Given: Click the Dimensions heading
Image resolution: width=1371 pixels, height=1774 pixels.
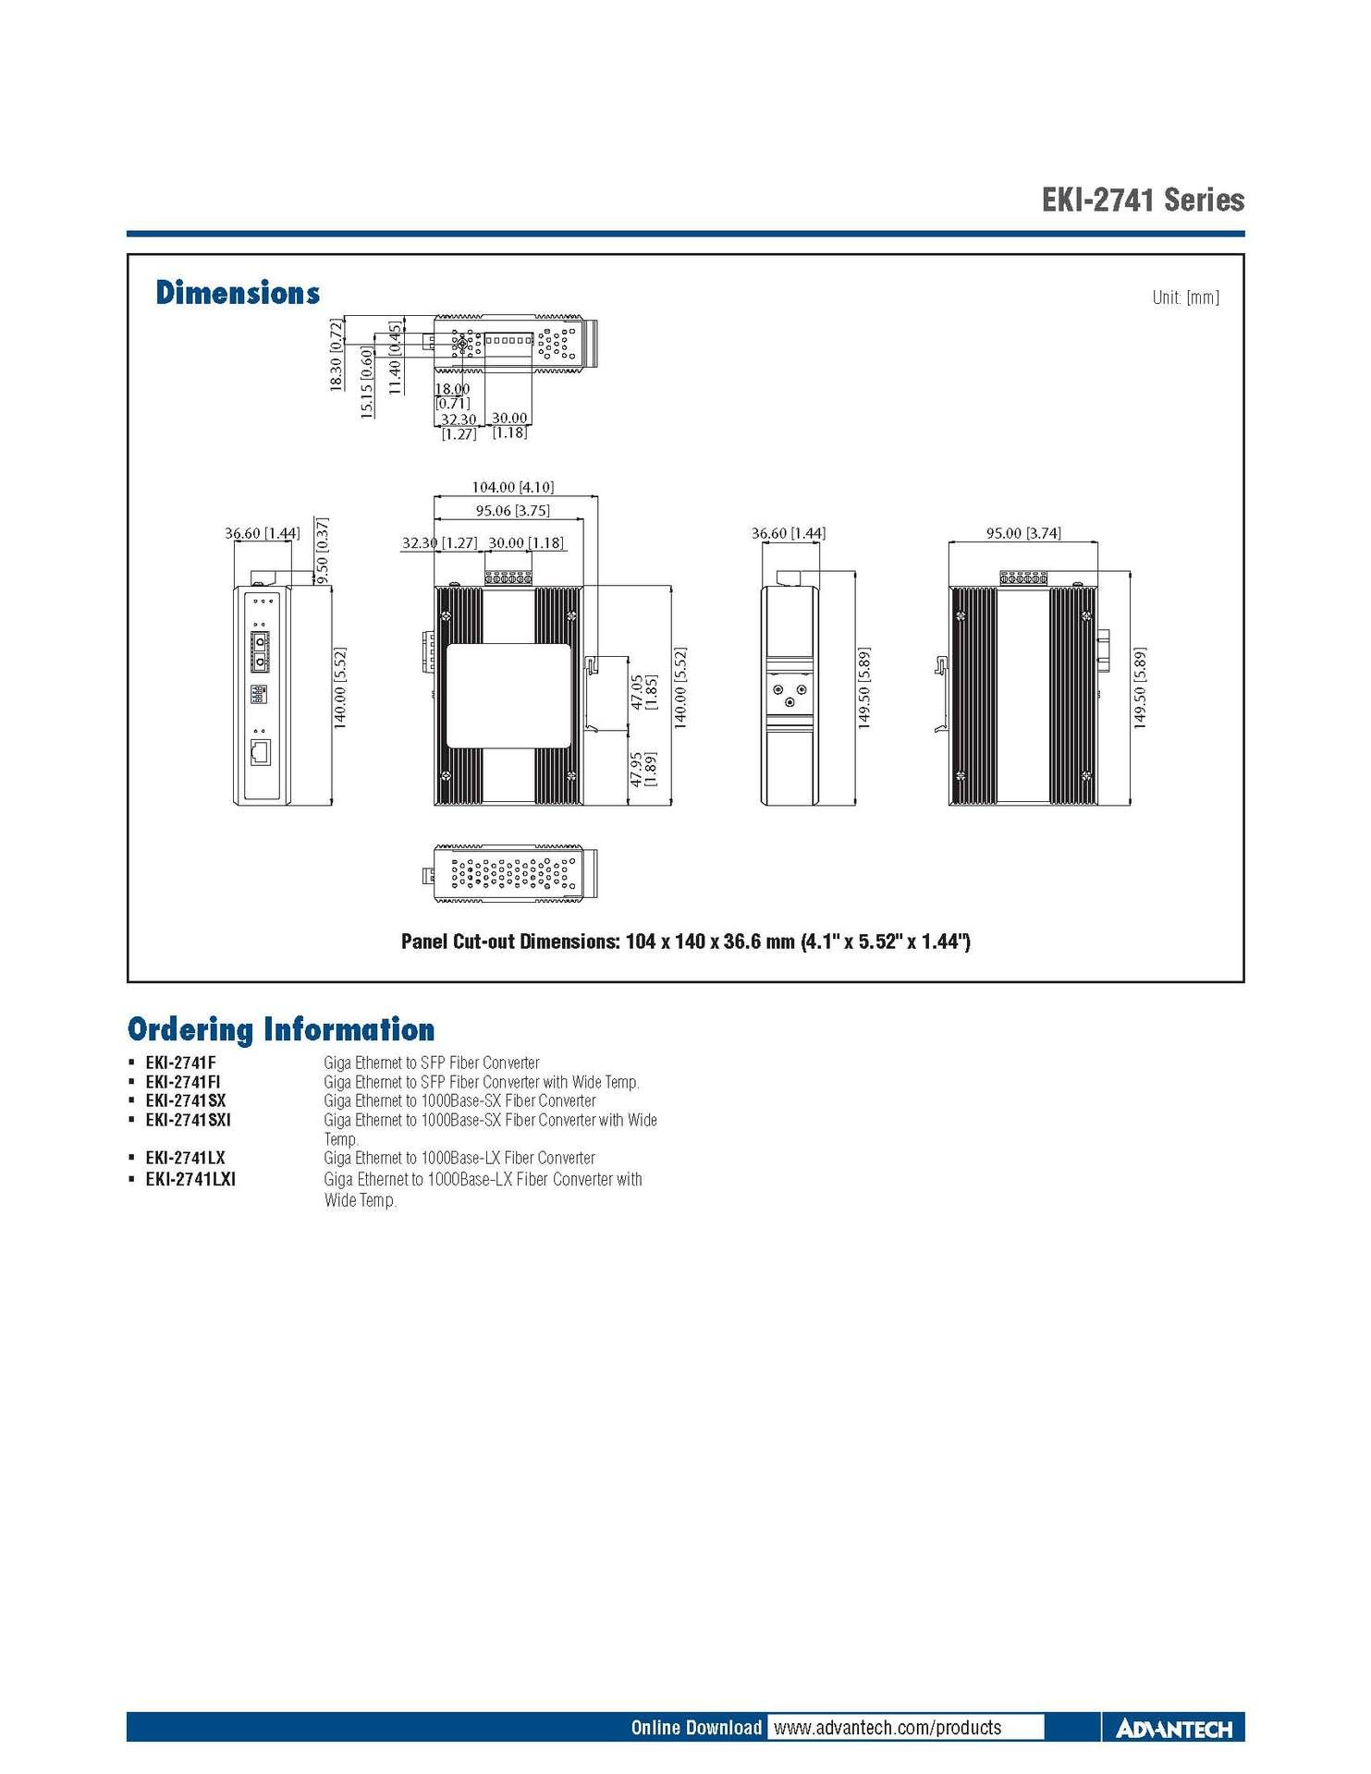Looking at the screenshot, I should click(238, 293).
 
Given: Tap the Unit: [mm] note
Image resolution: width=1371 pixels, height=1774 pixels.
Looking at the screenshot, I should click(1185, 298).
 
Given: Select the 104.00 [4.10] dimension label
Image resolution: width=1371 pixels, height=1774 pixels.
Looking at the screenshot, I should click(512, 487).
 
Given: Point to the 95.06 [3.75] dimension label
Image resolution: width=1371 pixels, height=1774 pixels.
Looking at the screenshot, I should click(512, 510).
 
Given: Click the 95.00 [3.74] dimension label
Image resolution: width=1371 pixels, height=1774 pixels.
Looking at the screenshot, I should click(1022, 533).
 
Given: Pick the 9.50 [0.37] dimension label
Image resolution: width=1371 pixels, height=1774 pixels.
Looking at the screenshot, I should click(322, 550).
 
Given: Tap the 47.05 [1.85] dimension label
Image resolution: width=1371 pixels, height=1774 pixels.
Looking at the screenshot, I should click(643, 692).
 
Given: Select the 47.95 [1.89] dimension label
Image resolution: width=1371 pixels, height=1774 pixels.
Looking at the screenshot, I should click(643, 769).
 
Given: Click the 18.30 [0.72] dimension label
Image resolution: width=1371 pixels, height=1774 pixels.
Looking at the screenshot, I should click(337, 354).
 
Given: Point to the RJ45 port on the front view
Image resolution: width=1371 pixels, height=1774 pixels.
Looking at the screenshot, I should click(261, 752).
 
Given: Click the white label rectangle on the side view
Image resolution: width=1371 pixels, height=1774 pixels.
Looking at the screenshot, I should click(508, 695).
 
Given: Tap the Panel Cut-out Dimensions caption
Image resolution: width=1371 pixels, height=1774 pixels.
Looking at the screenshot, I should click(685, 942).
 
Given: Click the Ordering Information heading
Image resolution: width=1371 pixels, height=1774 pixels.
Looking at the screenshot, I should click(281, 1029).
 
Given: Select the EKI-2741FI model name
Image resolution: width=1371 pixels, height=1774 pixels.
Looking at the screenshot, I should click(183, 1082).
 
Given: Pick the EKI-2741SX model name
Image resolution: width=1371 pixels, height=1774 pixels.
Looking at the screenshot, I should click(186, 1100).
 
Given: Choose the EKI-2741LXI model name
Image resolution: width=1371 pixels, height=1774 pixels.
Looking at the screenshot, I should click(190, 1179).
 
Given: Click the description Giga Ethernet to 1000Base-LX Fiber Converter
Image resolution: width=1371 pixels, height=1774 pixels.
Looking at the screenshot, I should click(459, 1158).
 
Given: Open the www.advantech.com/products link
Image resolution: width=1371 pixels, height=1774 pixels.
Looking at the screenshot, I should click(887, 1728).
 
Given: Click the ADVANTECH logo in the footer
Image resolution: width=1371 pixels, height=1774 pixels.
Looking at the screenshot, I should click(1174, 1729).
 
